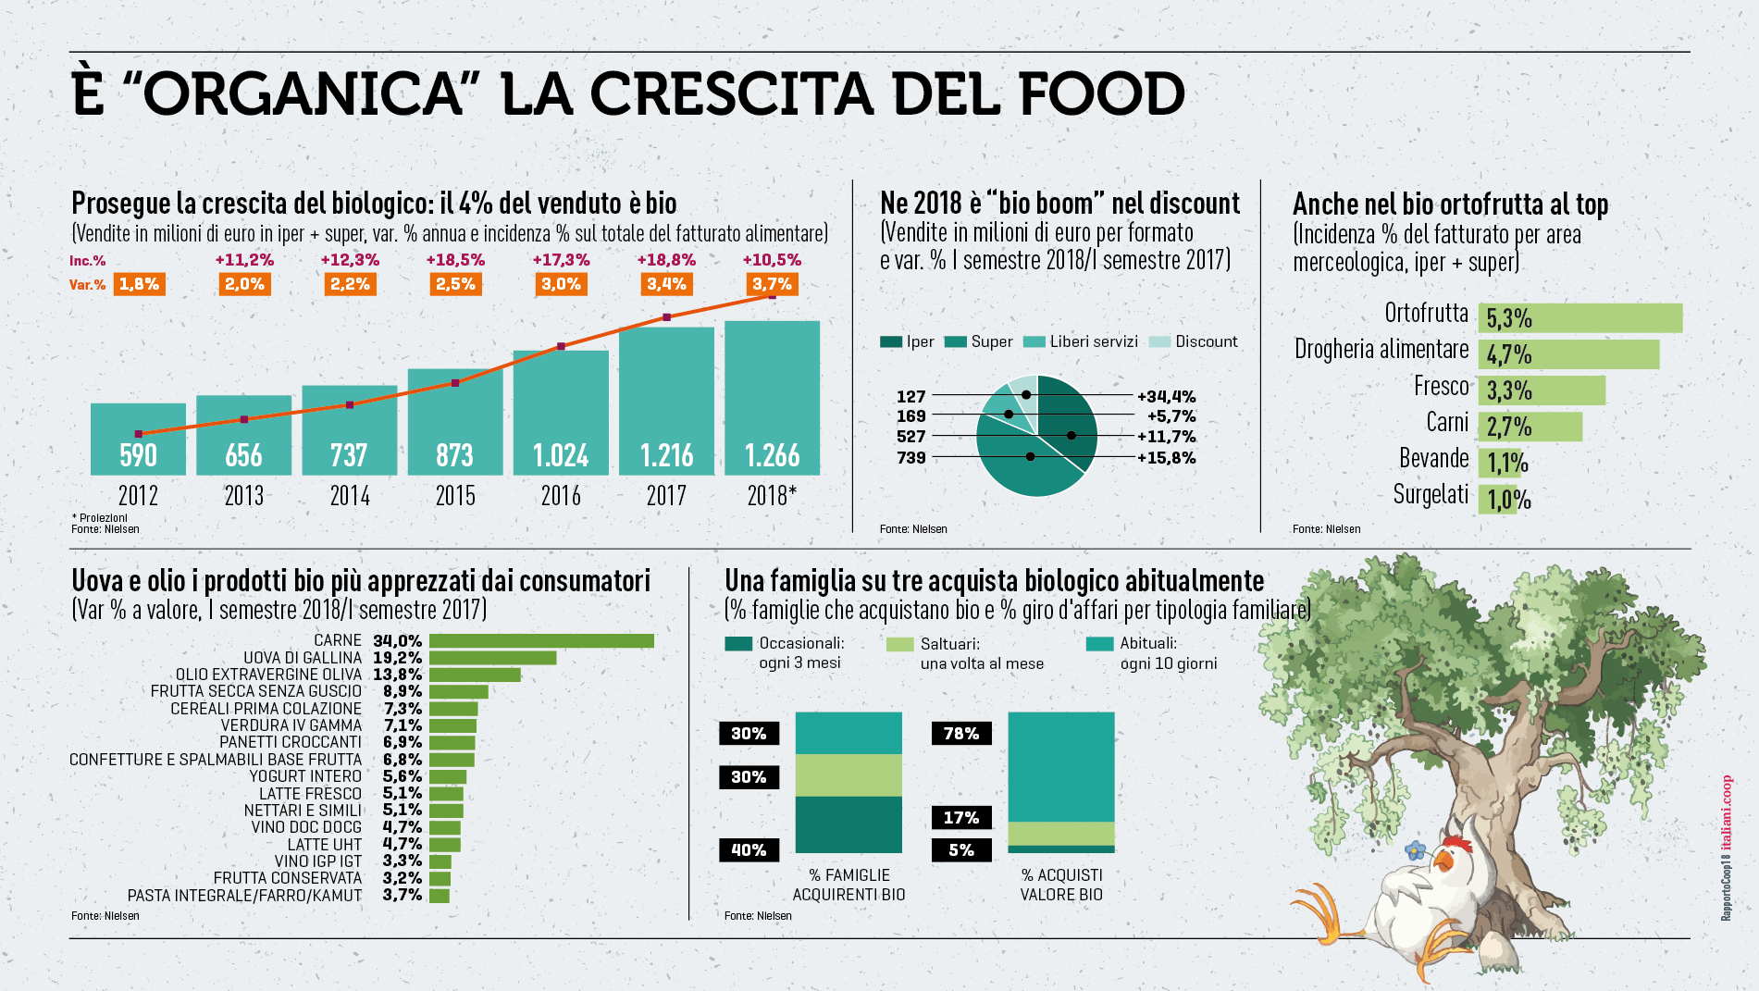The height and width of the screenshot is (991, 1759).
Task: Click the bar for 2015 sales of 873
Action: [x=455, y=422]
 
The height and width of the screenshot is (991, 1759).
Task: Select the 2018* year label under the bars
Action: [x=771, y=496]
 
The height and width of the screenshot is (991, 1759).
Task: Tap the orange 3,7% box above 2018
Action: [x=772, y=284]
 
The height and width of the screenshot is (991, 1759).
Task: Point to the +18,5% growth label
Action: [x=455, y=260]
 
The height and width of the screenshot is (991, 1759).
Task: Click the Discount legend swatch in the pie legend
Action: [x=1159, y=341]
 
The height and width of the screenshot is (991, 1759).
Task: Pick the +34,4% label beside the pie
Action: [x=1166, y=396]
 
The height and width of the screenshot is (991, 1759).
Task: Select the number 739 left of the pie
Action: [x=910, y=457]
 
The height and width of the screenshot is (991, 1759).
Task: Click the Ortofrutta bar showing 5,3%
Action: [x=1579, y=318]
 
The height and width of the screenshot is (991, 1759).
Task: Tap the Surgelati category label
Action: [x=1431, y=495]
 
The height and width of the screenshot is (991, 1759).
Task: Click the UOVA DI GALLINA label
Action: [x=303, y=658]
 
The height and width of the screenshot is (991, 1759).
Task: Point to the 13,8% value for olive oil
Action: [x=397, y=675]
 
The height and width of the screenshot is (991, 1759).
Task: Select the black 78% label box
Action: [x=960, y=734]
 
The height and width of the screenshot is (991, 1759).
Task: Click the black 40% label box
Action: [x=749, y=849]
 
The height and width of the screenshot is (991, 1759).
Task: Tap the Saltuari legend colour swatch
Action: [x=899, y=644]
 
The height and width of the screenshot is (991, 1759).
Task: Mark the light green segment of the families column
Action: [x=849, y=775]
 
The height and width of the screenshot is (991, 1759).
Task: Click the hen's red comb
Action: [x=1456, y=844]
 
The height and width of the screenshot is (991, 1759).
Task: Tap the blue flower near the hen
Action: [x=1415, y=849]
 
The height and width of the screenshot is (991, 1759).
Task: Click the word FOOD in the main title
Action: [x=1101, y=94]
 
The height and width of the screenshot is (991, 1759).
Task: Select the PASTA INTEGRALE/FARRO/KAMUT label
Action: [x=244, y=896]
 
